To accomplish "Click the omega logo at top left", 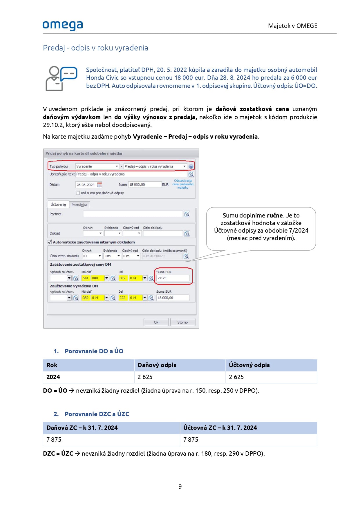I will pos(63,25).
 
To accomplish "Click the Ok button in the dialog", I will pos(156,322).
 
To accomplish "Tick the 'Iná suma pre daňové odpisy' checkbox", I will pos(78,193).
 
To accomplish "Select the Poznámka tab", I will pos(79,205).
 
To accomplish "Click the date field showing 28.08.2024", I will pos(86,185).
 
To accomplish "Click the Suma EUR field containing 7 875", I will pos(173,278).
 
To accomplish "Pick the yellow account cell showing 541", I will pos(86,278).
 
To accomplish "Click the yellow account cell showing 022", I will pos(123,298).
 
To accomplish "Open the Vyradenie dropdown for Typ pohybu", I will pos(117,166).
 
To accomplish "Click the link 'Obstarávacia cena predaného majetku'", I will pos(183,184).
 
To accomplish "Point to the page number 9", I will pos(180,487).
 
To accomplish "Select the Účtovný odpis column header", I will pos(249,365).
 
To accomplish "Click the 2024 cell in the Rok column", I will pos(53,377).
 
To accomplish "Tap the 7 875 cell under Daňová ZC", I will pos(54,440).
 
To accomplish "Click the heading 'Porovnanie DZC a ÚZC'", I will pos(97,414).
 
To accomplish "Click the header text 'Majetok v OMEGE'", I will pos(292,26).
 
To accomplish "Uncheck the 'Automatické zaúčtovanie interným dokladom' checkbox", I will pos(50,242).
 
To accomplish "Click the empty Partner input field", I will pos(133,214).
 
